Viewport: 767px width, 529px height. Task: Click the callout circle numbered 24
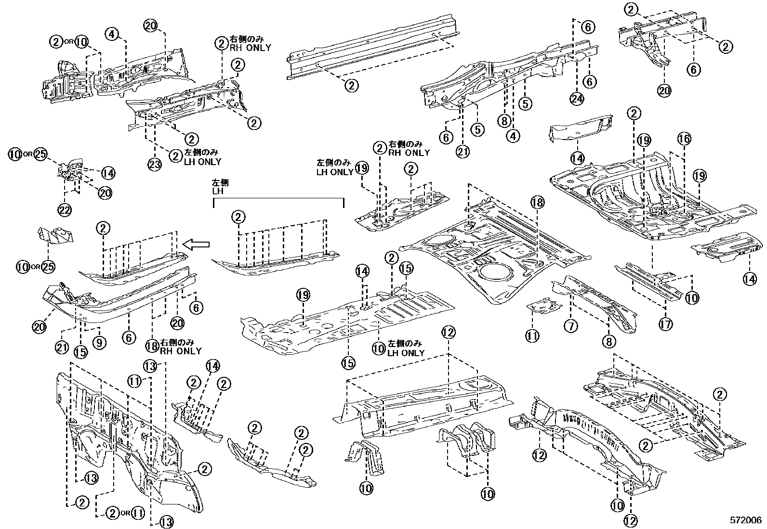point(576,98)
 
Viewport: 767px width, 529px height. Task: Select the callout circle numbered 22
point(65,209)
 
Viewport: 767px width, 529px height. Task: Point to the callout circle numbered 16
point(684,139)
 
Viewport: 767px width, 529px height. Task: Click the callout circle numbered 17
point(665,325)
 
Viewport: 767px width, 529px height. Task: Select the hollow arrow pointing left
point(198,245)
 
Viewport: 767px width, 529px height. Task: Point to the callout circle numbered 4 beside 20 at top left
point(112,34)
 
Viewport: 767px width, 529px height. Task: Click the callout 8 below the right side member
point(609,342)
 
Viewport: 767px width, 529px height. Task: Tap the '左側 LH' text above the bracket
point(220,187)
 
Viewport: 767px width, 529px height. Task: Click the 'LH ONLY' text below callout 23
point(202,162)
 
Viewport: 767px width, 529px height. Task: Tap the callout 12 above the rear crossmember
point(448,332)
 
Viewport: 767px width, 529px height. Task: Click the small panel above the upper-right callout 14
point(581,128)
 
